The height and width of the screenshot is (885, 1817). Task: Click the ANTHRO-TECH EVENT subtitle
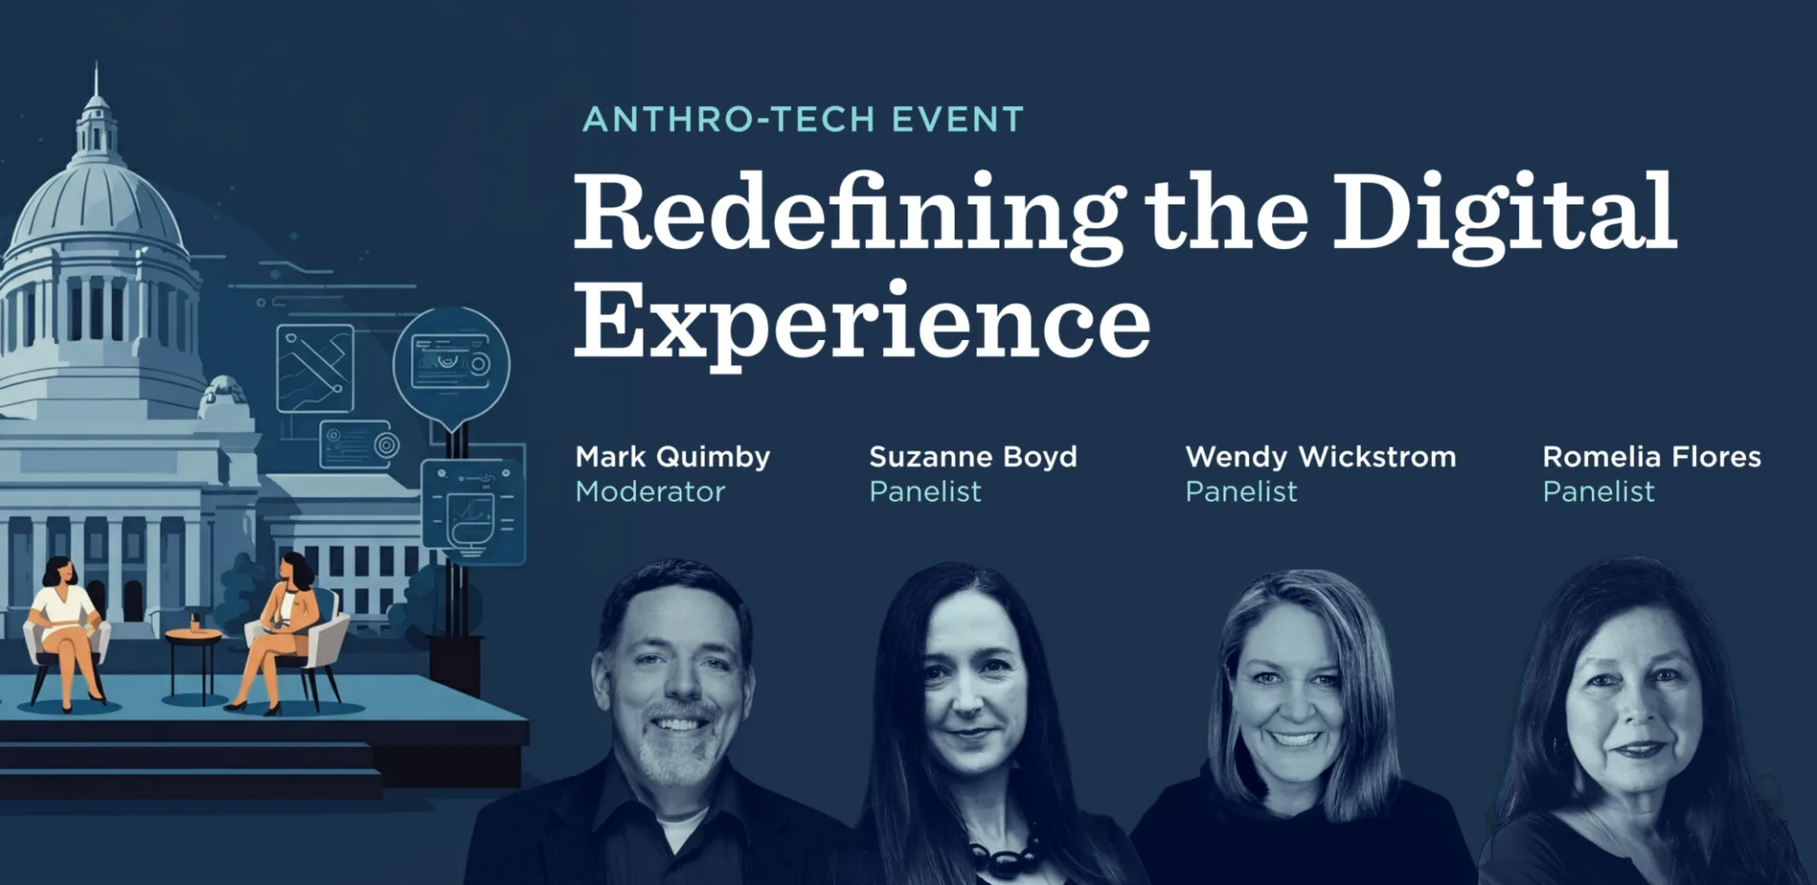click(x=803, y=120)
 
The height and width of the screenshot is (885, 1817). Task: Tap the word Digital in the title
click(x=1505, y=214)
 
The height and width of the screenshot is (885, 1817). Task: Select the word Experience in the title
click(x=861, y=322)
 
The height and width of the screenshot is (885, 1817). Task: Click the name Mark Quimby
click(x=672, y=457)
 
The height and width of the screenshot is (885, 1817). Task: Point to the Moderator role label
click(x=650, y=492)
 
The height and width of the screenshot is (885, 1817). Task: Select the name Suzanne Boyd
click(x=973, y=457)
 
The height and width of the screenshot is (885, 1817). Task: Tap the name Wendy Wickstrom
click(x=1320, y=457)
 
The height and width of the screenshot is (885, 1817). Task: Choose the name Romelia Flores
click(x=1651, y=457)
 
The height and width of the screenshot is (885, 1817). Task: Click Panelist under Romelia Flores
click(x=1598, y=492)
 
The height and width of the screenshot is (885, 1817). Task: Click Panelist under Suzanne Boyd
click(x=925, y=492)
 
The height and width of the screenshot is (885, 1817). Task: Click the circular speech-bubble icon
click(x=451, y=363)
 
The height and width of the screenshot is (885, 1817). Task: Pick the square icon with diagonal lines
click(x=315, y=368)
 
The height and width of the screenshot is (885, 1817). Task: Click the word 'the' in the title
click(x=1226, y=214)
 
